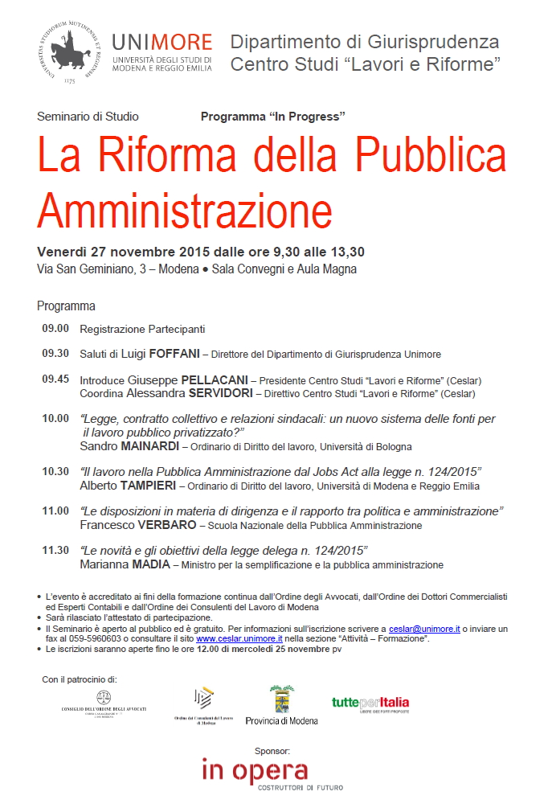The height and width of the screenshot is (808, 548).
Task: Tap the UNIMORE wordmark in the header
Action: (x=162, y=42)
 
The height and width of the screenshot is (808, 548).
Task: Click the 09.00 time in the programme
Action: (x=55, y=329)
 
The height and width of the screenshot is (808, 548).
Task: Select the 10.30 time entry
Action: (x=55, y=471)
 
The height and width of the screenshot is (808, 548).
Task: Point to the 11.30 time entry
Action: (x=55, y=550)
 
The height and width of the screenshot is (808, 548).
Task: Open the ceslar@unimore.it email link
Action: (x=423, y=628)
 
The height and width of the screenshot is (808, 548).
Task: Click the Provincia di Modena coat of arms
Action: (x=281, y=699)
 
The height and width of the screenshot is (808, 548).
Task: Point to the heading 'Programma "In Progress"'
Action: (x=273, y=117)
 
